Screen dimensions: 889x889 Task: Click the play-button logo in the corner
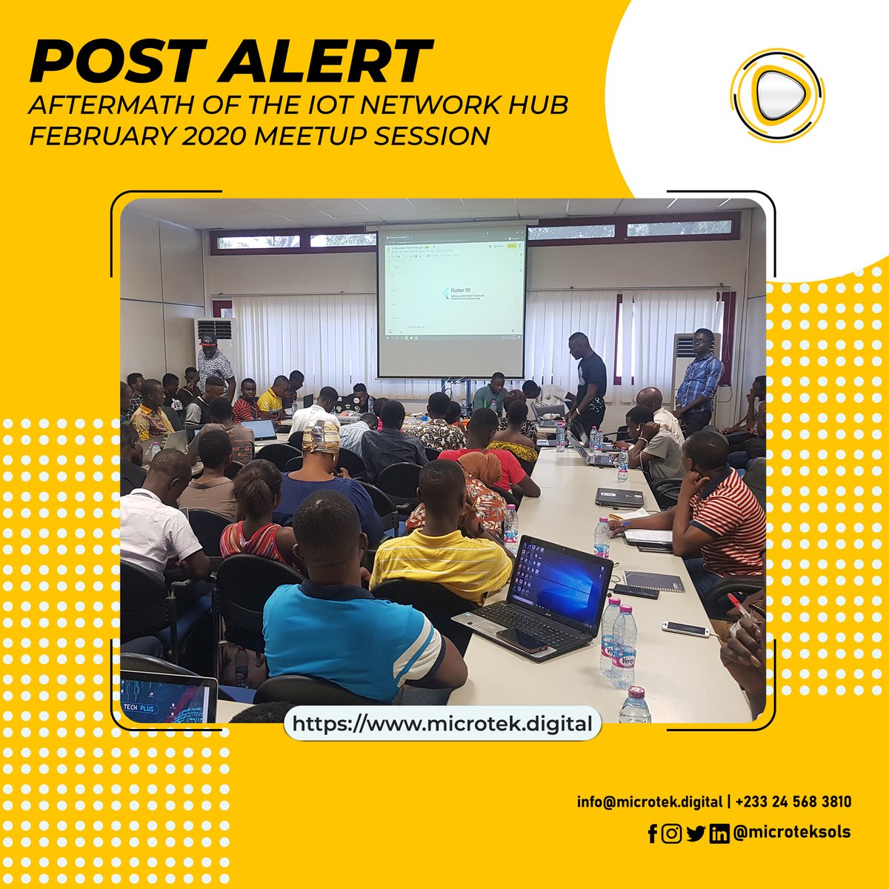point(776,94)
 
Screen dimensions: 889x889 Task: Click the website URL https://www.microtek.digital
point(442,724)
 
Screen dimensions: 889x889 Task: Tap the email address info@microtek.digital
point(650,802)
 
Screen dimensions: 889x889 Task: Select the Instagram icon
point(671,833)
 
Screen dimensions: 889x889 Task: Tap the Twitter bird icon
point(695,833)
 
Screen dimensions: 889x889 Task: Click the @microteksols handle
point(791,832)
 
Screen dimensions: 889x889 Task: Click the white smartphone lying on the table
point(685,629)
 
